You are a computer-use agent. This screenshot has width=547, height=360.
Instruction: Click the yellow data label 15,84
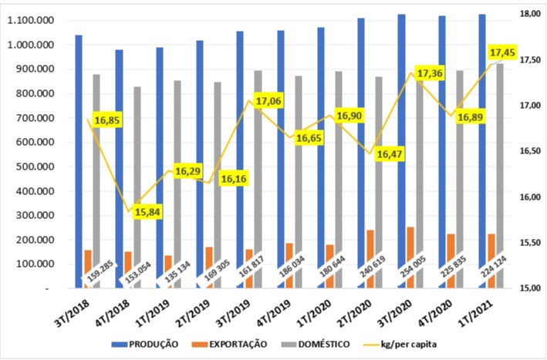pos(143,212)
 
